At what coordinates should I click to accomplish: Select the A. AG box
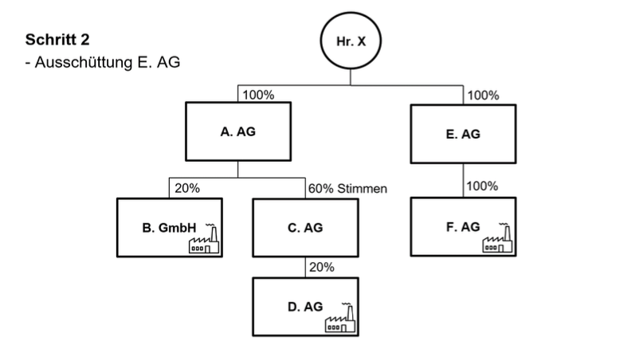coord(239,132)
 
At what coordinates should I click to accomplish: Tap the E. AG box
coord(463,135)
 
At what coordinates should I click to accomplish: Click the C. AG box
coord(305,228)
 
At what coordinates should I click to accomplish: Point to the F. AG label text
coord(463,227)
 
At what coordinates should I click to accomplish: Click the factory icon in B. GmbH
coord(203,239)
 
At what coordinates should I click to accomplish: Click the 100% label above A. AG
coord(258,95)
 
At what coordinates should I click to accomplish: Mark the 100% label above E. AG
coord(483,95)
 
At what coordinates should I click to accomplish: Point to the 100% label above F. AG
coord(483,186)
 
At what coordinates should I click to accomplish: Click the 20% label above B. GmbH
coord(186,189)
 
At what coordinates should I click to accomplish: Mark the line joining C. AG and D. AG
coord(305,267)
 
